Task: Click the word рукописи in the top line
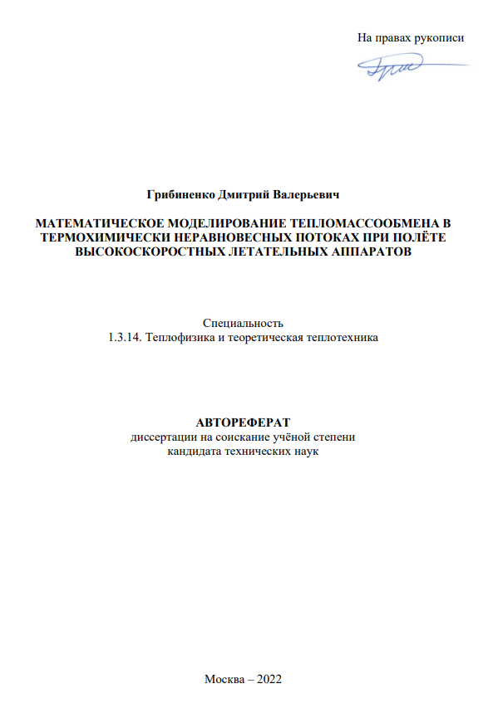click(441, 37)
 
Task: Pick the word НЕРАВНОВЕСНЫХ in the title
click(218, 237)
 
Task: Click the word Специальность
click(244, 323)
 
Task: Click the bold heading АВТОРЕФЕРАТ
click(244, 422)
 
